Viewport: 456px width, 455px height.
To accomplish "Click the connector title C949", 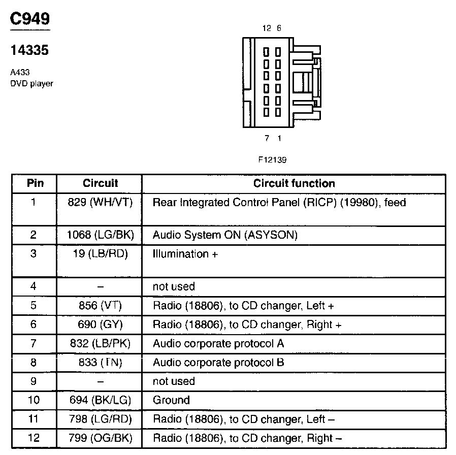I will (30, 19).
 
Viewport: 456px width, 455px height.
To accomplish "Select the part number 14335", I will (30, 51).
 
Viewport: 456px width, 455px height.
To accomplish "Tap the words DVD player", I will (32, 83).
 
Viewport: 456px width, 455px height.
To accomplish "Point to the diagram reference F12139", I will (272, 159).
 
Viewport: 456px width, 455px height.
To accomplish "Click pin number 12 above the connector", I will (267, 28).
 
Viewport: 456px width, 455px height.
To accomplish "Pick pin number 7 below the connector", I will (267, 138).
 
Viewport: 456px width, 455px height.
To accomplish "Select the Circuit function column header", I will (294, 183).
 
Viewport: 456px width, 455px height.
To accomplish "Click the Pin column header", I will (35, 183).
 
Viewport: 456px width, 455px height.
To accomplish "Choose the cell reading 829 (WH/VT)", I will (100, 203).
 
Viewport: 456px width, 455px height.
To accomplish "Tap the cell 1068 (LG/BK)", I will (100, 235).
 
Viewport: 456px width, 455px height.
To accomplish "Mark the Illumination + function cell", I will (185, 254).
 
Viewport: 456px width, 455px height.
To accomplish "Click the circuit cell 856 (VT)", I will (100, 306).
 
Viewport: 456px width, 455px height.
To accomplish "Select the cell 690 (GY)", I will (100, 324).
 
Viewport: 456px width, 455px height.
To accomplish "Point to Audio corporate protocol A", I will (218, 344).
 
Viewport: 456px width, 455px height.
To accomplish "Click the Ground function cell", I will (171, 400).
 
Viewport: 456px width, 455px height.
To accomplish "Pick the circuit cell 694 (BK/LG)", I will (100, 400).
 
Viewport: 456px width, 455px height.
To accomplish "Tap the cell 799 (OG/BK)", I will (100, 438).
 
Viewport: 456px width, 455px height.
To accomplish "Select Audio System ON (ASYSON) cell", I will (225, 235).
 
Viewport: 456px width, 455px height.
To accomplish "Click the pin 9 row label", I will (34, 381).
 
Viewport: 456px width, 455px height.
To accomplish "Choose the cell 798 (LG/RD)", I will (100, 419).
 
